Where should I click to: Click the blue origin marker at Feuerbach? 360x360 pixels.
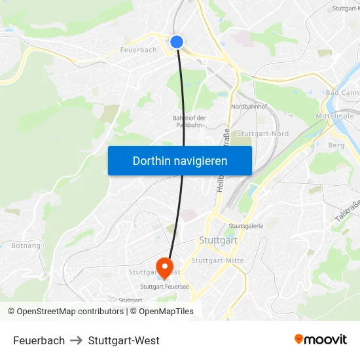pos(176,42)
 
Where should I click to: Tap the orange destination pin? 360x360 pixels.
pos(163,267)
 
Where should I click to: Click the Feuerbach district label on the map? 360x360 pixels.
pos(138,50)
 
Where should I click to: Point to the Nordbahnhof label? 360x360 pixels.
pos(248,106)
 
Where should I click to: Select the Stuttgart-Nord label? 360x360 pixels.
pos(262,134)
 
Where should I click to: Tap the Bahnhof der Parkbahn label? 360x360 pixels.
pos(190,121)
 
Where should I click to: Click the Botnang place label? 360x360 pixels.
pos(26,246)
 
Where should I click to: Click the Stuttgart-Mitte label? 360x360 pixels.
pos(217,261)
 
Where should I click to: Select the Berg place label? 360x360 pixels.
pos(336,145)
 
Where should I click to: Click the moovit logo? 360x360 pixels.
pos(320,340)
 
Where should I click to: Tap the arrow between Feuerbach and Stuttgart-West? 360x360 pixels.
pos(77,340)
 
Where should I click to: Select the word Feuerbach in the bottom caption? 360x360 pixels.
pos(39,340)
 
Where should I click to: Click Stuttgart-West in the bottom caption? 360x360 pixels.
pos(124,340)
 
